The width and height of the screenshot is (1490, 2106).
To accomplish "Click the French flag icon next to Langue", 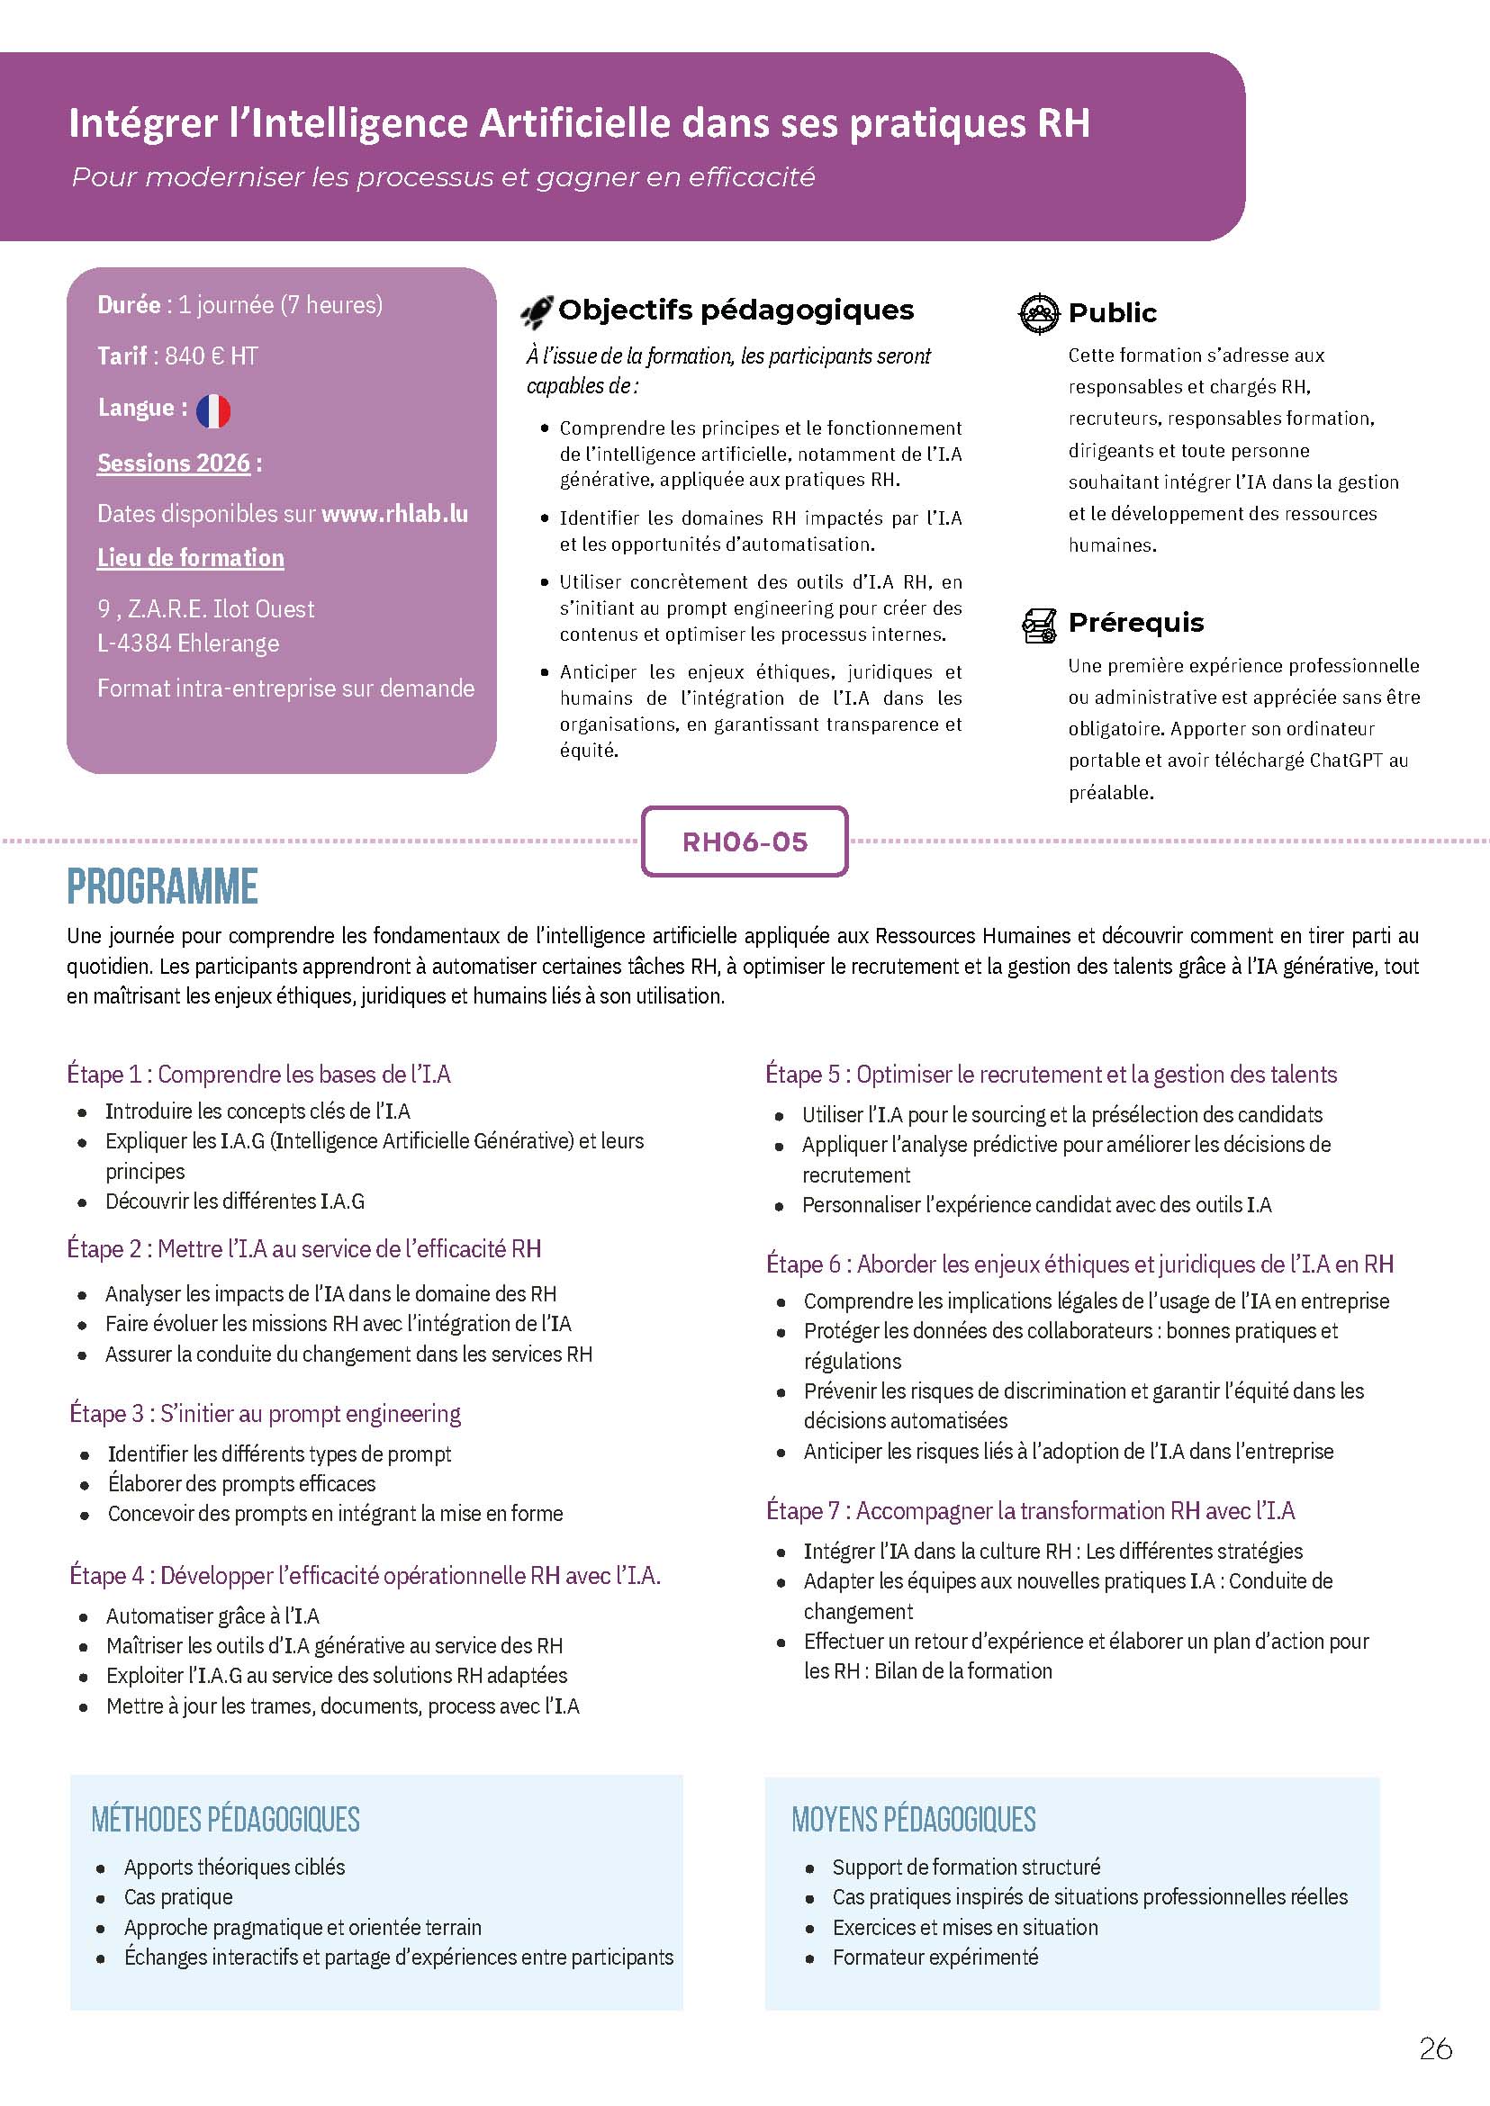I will coord(212,411).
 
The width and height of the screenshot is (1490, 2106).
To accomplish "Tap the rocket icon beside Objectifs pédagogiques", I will coord(537,312).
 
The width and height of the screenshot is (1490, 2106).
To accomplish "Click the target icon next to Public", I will coord(1039,313).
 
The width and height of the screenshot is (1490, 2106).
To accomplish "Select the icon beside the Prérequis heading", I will coord(1039,625).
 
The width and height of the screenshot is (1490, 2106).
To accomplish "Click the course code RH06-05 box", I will coord(744,842).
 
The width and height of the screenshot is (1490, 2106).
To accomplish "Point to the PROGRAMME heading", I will coord(162,886).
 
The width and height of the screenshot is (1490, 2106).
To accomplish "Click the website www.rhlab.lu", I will coord(394,514).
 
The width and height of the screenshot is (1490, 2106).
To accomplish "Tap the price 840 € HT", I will coord(211,355).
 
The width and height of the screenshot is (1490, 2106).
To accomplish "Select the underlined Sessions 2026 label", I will coord(174,463).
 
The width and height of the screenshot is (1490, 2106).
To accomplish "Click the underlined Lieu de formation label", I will coord(191,558).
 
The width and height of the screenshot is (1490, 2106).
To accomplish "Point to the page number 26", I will coord(1436,2049).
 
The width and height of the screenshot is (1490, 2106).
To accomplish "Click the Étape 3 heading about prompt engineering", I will coord(266,1414).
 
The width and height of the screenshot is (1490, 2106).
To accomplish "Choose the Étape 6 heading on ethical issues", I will coord(1079,1264).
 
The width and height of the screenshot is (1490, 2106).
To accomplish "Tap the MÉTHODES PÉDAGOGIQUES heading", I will coord(226,1820).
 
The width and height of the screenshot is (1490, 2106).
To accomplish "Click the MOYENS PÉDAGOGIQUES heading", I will coord(914,1820).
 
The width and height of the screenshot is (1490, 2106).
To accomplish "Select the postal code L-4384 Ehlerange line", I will coord(188,643).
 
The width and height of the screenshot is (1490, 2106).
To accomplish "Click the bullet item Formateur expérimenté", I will coord(935,1957).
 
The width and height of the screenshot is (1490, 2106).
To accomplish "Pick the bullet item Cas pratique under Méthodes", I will coord(178,1897).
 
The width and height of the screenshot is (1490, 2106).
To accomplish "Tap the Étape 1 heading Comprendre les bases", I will coord(258,1074).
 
